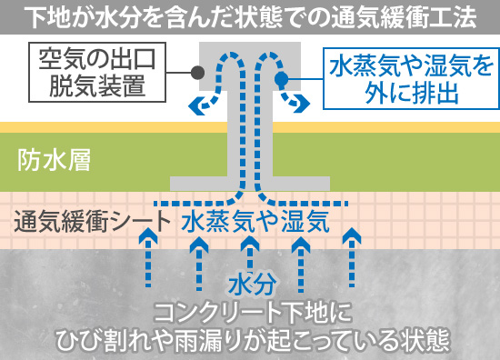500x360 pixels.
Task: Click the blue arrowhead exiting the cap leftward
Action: tap(194, 105)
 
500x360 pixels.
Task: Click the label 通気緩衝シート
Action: tap(92, 220)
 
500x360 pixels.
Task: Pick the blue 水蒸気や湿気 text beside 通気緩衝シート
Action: tap(255, 220)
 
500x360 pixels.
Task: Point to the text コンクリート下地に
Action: tap(250, 313)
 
